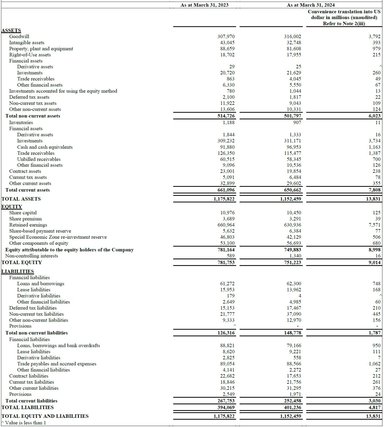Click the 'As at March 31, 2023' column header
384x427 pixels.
pos(204,5)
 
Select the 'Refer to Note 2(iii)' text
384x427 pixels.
pos(344,24)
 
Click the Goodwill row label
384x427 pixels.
pos(19,36)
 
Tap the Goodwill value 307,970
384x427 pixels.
pos(226,36)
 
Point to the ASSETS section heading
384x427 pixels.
pos(11,30)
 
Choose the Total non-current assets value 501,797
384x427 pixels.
pos(292,116)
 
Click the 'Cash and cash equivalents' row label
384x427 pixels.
pos(45,147)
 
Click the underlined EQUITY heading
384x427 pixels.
pos(12,207)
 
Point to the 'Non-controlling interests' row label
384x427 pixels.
pos(32,256)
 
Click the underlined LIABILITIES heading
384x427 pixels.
pos(18,272)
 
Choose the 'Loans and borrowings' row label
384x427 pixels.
pos(41,284)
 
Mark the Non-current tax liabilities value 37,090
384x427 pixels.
pos(294,314)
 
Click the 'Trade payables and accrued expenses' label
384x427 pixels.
pos(57,364)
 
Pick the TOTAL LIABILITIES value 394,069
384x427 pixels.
pos(226,408)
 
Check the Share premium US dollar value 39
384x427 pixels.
pos(378,219)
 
